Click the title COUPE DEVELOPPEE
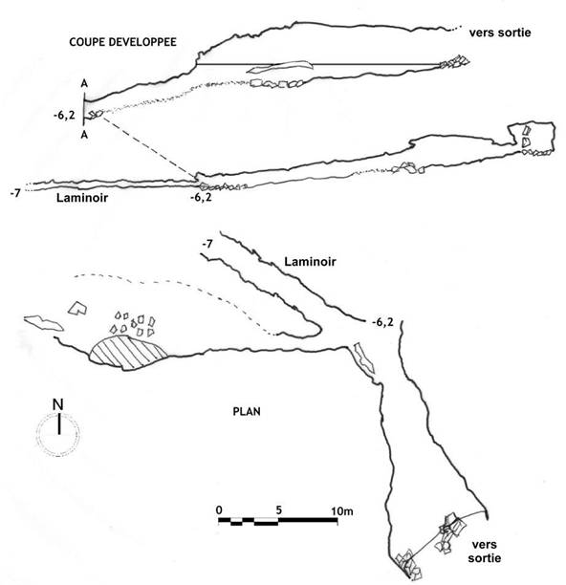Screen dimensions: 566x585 click(122, 41)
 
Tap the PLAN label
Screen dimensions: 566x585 click(247, 412)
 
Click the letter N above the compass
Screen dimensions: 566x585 click(58, 404)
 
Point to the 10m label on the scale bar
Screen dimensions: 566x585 click(342, 510)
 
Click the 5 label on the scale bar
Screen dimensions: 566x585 click(279, 510)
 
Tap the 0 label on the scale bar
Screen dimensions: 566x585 click(219, 510)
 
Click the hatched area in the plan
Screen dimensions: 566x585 click(127, 353)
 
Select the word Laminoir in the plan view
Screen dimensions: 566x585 click(310, 262)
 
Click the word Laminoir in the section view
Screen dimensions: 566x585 click(82, 197)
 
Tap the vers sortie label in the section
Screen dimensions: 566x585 click(500, 32)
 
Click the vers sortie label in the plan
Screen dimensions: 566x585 click(485, 552)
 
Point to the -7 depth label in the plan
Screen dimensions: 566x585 click(207, 244)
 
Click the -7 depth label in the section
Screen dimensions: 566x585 click(15, 194)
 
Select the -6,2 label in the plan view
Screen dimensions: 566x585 click(382, 322)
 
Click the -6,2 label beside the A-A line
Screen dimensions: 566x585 click(64, 116)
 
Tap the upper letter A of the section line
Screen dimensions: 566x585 click(84, 84)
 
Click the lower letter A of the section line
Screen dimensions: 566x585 click(84, 135)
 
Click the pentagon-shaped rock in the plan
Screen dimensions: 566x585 click(77, 308)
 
